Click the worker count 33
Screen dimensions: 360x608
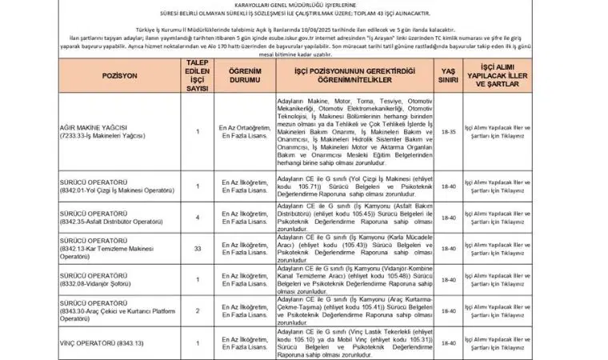point(198,251)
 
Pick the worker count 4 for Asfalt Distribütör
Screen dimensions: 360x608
point(198,216)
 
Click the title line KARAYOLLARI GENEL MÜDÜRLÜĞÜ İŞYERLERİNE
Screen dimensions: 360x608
point(304,5)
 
